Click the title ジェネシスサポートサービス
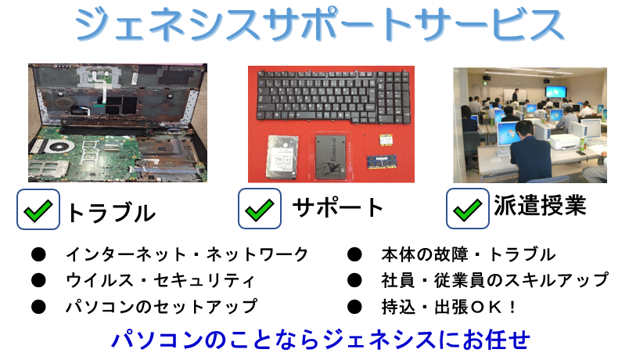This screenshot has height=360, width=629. point(319,25)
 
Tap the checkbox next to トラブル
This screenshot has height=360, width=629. point(38,210)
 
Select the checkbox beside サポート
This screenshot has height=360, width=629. point(260,209)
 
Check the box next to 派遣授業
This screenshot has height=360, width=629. point(468,209)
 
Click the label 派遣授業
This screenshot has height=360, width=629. point(540,206)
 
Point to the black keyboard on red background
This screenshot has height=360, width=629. point(333,96)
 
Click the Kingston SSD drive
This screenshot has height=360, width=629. point(331,157)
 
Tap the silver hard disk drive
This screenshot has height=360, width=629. point(282,157)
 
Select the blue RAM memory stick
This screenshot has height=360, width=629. point(382,162)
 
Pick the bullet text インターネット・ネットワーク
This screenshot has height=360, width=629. point(187,254)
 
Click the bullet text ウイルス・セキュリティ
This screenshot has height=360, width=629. point(160,280)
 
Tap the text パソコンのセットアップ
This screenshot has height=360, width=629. point(162,307)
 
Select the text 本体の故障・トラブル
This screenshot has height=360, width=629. point(469,254)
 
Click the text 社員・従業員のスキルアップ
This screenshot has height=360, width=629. point(495,280)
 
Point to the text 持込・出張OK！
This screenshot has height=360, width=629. point(449,307)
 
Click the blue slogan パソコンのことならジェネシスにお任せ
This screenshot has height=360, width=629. point(321,340)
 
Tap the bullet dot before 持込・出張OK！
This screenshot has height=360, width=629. point(354,307)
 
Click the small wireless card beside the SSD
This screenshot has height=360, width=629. point(386,140)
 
